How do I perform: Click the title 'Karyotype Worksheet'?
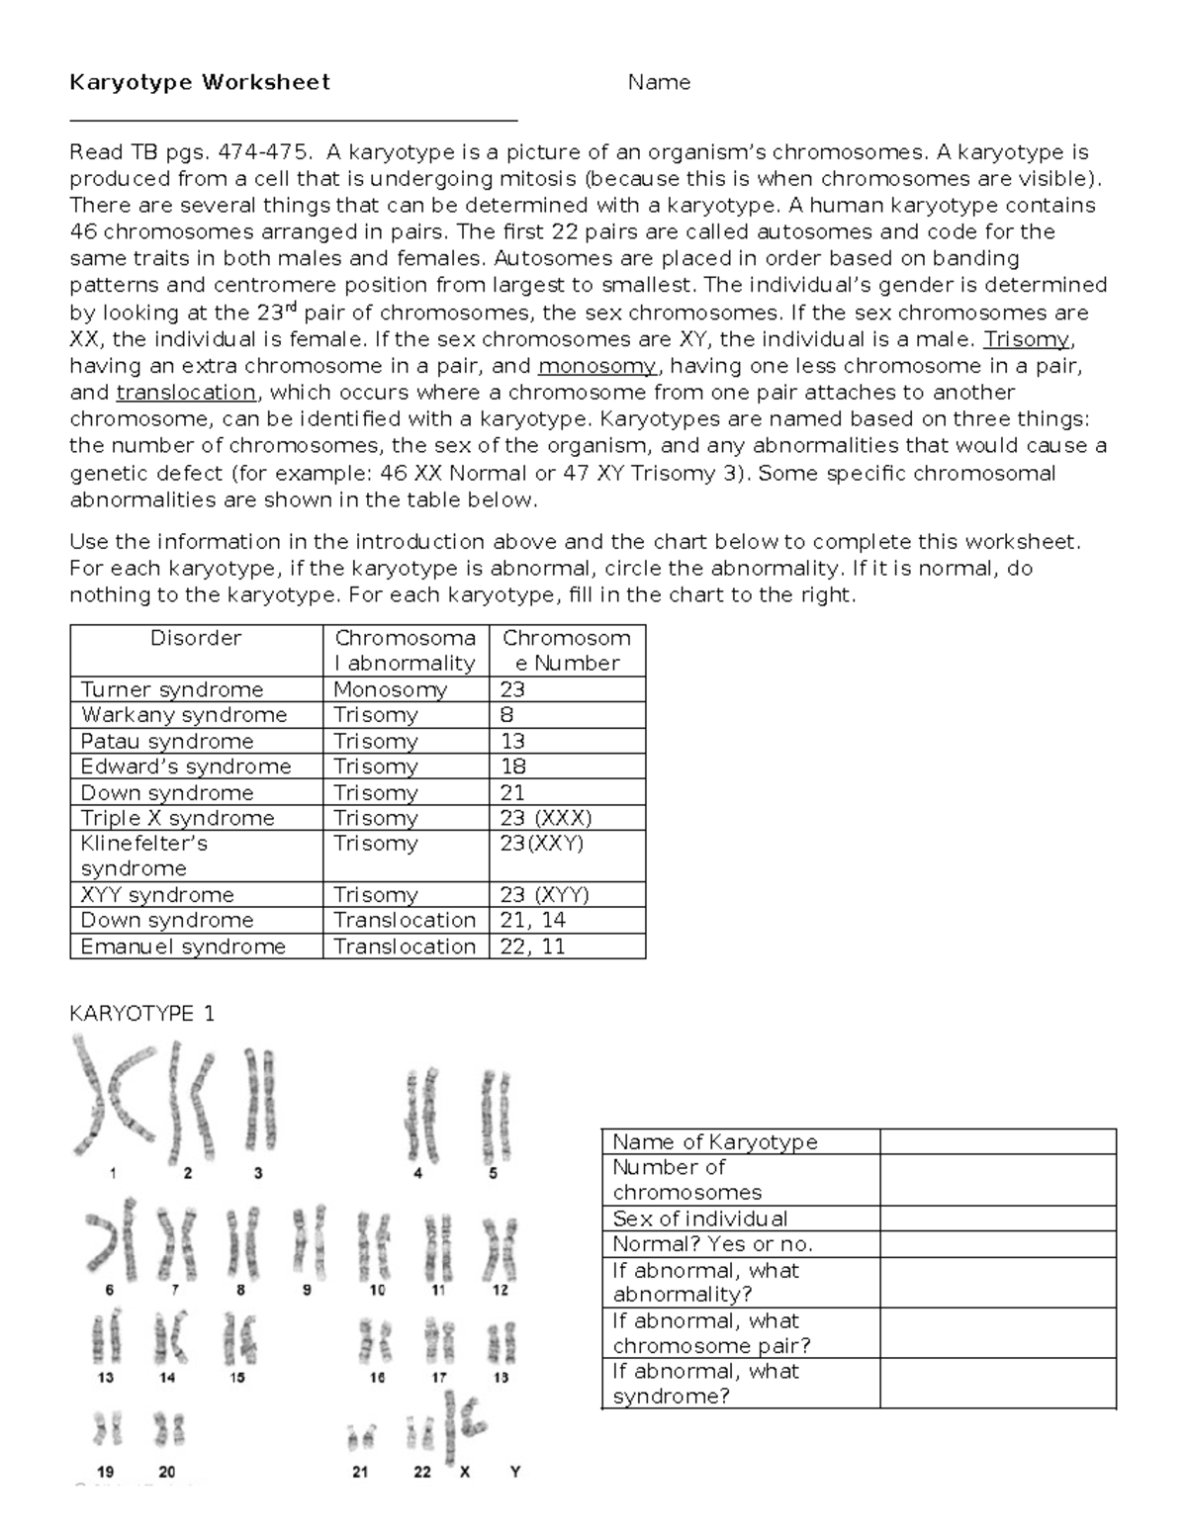[199, 82]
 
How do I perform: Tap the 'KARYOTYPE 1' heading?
[141, 1014]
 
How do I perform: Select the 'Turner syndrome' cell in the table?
[172, 689]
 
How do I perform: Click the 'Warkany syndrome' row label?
[184, 715]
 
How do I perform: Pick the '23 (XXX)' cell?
[546, 818]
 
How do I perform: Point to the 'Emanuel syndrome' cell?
[183, 947]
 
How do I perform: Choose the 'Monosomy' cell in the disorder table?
[390, 689]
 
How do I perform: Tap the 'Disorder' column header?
[196, 639]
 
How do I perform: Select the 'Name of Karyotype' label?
[715, 1141]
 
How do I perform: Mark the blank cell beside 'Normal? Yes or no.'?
[997, 1244]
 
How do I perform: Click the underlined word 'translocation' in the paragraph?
[186, 392]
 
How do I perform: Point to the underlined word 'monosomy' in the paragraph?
[596, 365]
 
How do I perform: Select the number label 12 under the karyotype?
[501, 1290]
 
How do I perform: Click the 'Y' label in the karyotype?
[514, 1472]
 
